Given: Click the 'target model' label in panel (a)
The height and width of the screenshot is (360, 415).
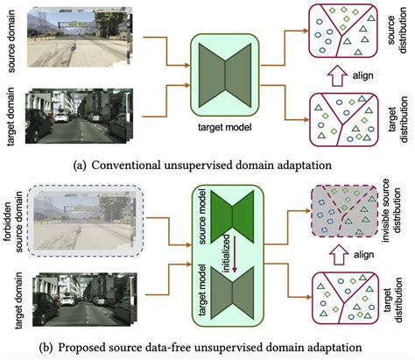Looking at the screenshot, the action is click(x=225, y=128).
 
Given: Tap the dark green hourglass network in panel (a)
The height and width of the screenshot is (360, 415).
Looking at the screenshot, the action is click(x=225, y=75).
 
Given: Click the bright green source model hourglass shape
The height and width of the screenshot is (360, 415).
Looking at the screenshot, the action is click(x=232, y=216).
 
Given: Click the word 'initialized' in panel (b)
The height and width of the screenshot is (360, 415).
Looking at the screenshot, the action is click(x=228, y=254).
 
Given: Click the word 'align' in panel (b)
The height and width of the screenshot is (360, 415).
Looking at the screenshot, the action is click(x=363, y=255).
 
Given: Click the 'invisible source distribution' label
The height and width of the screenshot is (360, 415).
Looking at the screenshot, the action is click(x=392, y=210).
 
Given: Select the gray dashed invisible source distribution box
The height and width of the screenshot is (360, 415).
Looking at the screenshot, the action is click(x=345, y=211).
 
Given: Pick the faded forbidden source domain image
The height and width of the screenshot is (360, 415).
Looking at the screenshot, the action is click(x=85, y=222).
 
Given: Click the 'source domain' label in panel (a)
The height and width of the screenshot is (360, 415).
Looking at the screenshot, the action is click(x=11, y=41).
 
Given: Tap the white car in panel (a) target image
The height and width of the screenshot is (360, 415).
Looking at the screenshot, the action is click(x=62, y=117).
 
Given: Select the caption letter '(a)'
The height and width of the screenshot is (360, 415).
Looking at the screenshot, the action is click(x=80, y=166).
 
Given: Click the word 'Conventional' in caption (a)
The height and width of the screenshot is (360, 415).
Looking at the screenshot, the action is click(x=126, y=166).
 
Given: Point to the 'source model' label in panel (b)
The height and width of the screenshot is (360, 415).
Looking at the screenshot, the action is click(x=202, y=216).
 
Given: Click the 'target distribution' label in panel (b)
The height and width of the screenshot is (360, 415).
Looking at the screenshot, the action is click(x=393, y=300).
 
